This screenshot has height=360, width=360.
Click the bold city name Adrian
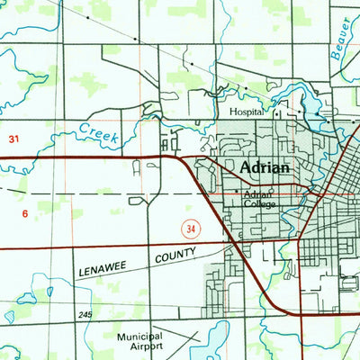(265, 168)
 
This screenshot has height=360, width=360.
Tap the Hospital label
(247, 112)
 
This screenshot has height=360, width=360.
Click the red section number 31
(13, 139)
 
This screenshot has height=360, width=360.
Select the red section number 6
(25, 213)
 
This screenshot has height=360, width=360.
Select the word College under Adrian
(260, 203)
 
